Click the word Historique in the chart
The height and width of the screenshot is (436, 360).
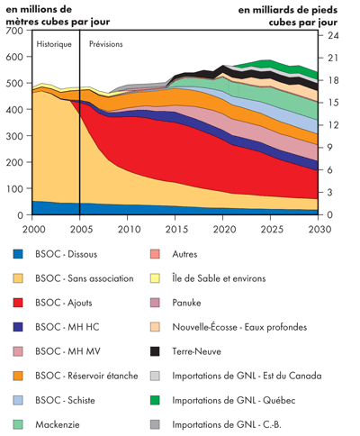pyautogui.click(x=54, y=43)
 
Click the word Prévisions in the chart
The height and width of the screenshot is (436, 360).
pyautogui.click(x=106, y=43)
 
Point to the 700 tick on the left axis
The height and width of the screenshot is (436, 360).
pyautogui.click(x=15, y=32)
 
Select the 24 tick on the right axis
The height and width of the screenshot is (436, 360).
pyautogui.click(x=332, y=35)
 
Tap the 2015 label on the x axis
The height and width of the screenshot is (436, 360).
pyautogui.click(x=175, y=229)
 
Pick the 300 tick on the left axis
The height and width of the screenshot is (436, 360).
pyautogui.click(x=15, y=137)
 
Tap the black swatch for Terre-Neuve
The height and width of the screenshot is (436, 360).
pyautogui.click(x=180, y=350)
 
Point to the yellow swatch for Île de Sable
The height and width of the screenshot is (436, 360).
pyautogui.click(x=180, y=278)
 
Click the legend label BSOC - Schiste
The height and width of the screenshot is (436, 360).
pyautogui.click(x=72, y=399)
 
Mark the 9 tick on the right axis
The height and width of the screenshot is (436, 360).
pyautogui.click(x=331, y=148)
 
